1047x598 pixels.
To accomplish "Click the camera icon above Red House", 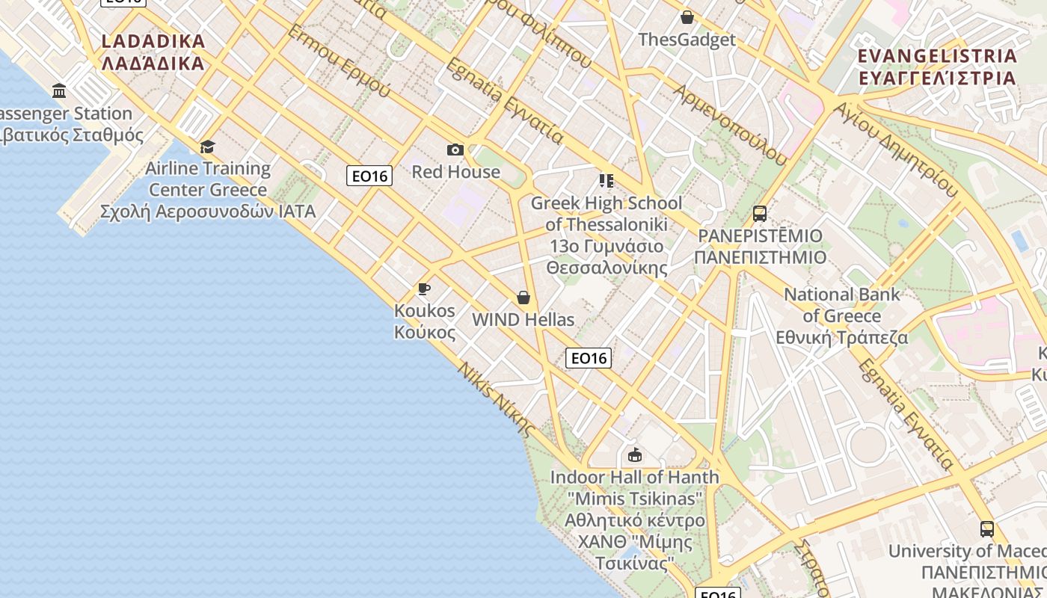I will pyautogui.click(x=455, y=150).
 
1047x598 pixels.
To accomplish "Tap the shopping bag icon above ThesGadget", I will pyautogui.click(x=687, y=17).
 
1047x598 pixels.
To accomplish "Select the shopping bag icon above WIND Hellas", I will pyautogui.click(x=523, y=298).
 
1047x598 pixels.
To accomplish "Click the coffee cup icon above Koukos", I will pyautogui.click(x=424, y=289).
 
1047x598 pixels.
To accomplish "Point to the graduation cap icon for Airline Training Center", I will pyautogui.click(x=207, y=147).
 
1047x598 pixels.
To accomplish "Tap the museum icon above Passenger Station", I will pyautogui.click(x=59, y=91).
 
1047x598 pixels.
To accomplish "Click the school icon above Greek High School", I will pyautogui.click(x=606, y=181).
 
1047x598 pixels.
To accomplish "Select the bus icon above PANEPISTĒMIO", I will pyautogui.click(x=760, y=214).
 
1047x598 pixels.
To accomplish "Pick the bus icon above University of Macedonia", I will pyautogui.click(x=987, y=529).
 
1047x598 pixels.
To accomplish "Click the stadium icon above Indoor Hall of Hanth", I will pyautogui.click(x=635, y=454).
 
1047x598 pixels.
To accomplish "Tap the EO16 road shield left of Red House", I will pyautogui.click(x=369, y=176).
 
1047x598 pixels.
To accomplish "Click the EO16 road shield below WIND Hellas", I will pyautogui.click(x=589, y=358).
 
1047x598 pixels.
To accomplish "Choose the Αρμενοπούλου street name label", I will pyautogui.click(x=730, y=123).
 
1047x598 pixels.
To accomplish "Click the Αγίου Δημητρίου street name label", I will pyautogui.click(x=895, y=148).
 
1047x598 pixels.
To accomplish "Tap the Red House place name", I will pyautogui.click(x=456, y=172).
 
